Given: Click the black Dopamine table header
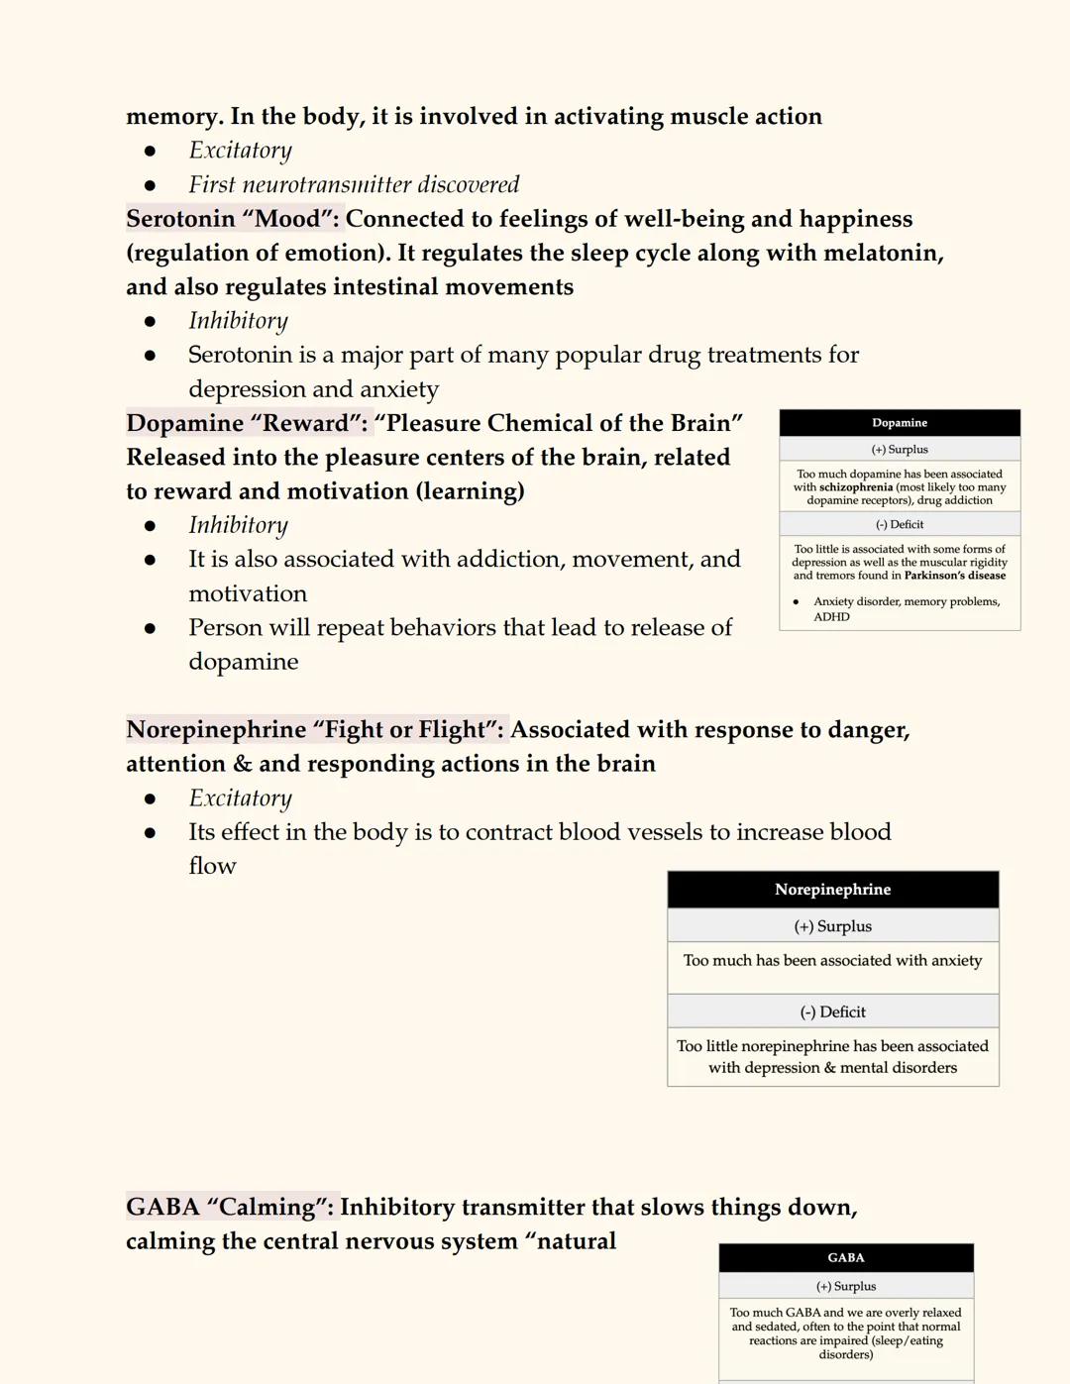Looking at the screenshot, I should point(900,423).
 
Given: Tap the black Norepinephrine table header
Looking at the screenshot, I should point(832,890).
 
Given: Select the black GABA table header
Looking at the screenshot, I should point(846,1258).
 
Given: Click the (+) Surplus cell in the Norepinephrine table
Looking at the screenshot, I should point(832,926).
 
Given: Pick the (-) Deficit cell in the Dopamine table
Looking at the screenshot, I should point(900,525).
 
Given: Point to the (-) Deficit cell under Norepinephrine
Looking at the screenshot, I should point(832,1011).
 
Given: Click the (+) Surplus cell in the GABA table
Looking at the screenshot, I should point(846,1287).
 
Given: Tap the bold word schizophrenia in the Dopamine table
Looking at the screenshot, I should point(856,487).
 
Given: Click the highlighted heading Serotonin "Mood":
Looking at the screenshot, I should point(233,219).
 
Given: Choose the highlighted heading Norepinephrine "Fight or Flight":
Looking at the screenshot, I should point(315,730).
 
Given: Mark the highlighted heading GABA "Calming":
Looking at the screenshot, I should point(231,1207).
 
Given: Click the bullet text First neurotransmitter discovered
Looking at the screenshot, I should point(354,185).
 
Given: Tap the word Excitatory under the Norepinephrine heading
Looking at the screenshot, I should point(240,798).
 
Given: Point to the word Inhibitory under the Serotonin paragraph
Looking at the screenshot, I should point(238,321).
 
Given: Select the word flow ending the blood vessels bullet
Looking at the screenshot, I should point(212,866).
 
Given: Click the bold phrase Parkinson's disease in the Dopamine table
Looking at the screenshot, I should point(955,576).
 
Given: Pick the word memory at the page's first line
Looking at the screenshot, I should point(172,117).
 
